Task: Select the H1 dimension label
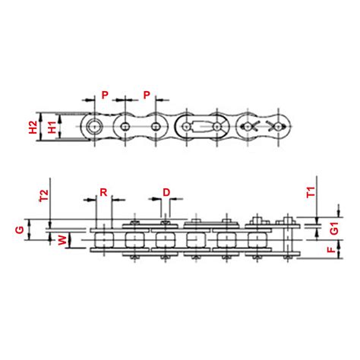(x=49, y=126)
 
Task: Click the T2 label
(x=43, y=197)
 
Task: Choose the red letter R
(x=103, y=193)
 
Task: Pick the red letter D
(x=166, y=193)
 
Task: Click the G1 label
(x=333, y=229)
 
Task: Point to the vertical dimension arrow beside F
(x=318, y=248)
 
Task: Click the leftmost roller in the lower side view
(x=105, y=239)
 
